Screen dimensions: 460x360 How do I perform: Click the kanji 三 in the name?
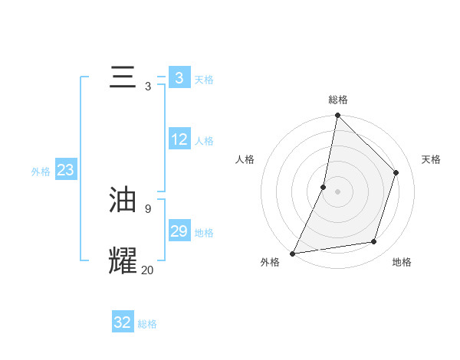(123, 78)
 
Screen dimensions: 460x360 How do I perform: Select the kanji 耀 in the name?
(123, 260)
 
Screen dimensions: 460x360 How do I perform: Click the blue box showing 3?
(179, 78)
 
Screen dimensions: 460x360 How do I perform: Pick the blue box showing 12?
(179, 139)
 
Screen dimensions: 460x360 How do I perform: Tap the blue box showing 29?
(179, 231)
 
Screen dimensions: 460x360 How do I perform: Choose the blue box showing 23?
(65, 170)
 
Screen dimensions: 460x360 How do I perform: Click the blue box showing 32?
(123, 322)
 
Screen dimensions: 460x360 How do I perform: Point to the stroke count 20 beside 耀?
(147, 270)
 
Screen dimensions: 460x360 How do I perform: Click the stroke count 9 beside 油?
(147, 208)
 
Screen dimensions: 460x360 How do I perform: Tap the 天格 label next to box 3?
(204, 80)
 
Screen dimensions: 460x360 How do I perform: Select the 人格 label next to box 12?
(204, 141)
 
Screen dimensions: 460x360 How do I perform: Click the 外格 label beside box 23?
(41, 172)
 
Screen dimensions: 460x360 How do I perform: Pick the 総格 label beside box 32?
(147, 324)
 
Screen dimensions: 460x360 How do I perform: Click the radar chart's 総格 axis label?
(337, 100)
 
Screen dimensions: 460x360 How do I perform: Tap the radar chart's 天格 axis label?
(431, 159)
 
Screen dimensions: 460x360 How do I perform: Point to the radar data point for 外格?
(292, 254)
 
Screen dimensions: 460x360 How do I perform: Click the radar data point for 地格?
(374, 242)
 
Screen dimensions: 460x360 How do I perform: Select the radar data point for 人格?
(324, 187)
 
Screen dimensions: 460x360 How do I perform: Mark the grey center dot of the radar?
(337, 191)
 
